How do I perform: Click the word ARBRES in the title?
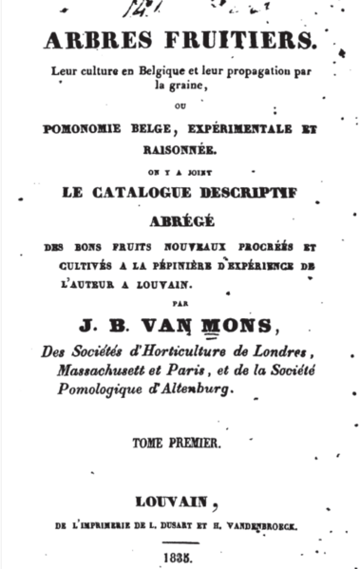coord(86,40)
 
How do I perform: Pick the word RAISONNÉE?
coord(180,148)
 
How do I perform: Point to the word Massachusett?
coord(107,371)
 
